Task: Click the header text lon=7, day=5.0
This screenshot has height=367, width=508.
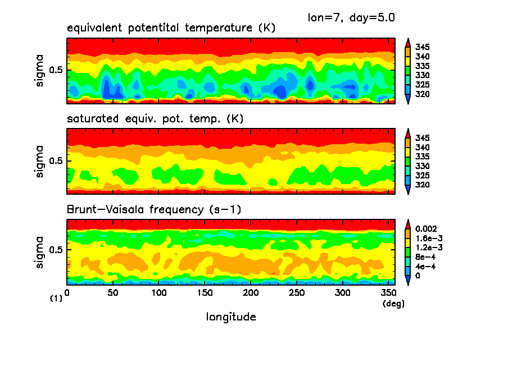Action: pos(351,17)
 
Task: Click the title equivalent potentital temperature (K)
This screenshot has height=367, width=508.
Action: pos(171,28)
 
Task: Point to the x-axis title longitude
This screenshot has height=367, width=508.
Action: pos(231,317)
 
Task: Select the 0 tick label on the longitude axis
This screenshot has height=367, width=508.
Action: pos(67,293)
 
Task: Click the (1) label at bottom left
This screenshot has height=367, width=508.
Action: pos(56,299)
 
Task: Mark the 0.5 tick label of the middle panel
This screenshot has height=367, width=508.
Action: pos(57,161)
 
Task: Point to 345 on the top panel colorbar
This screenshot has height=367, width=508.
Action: pos(423,47)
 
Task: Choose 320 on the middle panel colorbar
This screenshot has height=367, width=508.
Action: pos(423,185)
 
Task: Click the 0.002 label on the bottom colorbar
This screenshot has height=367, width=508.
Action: pos(427,229)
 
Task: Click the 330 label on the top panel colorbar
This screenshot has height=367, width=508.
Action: pos(423,75)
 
